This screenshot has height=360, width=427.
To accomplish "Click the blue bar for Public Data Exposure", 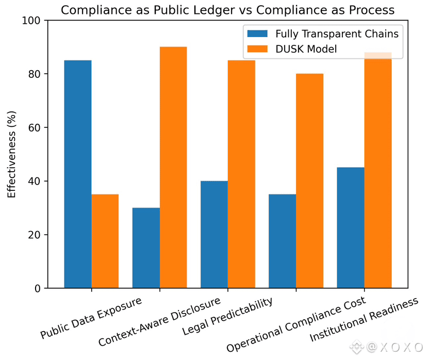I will [x=78, y=174].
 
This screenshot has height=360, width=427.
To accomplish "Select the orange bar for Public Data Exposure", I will [x=105, y=241].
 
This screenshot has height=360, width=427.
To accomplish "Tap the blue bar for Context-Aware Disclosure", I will [x=146, y=248].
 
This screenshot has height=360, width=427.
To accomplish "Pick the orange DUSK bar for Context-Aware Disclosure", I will [x=173, y=167].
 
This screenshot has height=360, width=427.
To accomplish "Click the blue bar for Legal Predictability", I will [x=214, y=235].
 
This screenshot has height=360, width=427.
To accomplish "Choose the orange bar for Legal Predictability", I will [x=241, y=174].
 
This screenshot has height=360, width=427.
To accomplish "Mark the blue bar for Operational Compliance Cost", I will [x=282, y=241].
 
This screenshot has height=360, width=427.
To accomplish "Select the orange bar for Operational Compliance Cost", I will [x=309, y=181].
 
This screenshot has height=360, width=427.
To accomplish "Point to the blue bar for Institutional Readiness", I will [x=350, y=227].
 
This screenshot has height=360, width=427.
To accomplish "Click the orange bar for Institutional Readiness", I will [x=377, y=170].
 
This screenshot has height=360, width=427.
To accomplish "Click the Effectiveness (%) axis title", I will [x=11, y=154].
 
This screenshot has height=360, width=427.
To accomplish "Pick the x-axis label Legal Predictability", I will [x=228, y=317].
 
